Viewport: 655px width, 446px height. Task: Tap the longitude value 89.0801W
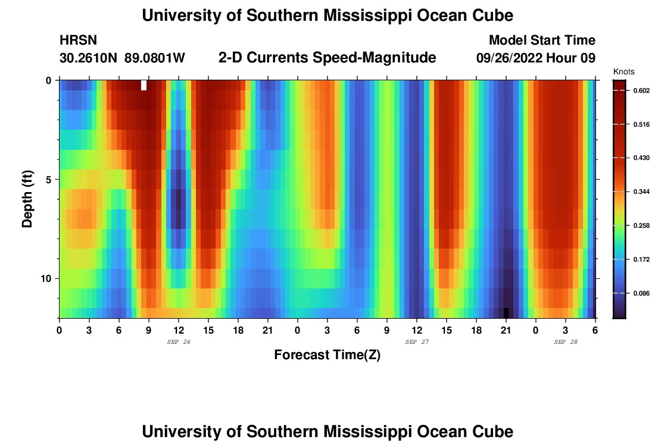click(x=155, y=58)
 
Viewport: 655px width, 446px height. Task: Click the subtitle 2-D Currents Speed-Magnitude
click(x=327, y=58)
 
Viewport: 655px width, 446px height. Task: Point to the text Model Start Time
click(x=542, y=40)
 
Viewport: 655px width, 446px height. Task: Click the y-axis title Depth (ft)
click(x=27, y=199)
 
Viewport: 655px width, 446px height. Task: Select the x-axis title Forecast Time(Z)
click(x=327, y=355)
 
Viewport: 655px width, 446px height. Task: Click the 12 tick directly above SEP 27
click(x=417, y=330)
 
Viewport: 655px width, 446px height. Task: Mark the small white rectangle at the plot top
click(x=144, y=85)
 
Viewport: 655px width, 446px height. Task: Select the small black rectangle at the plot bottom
click(x=506, y=313)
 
